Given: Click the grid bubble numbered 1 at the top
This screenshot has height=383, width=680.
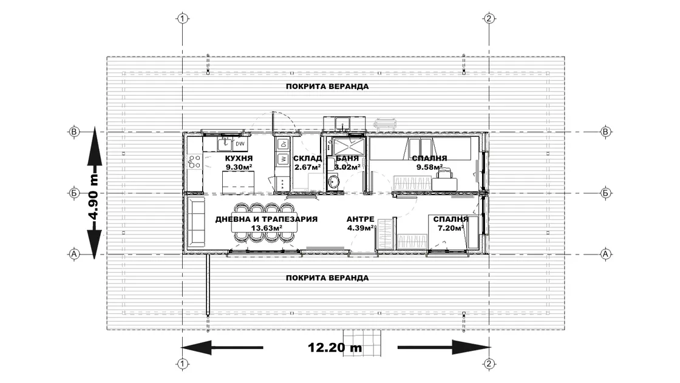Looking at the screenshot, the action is tap(183, 19).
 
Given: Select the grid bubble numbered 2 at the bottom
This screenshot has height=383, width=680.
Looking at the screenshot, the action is tap(489, 364).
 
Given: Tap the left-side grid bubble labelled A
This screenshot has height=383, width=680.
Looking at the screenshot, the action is tap(74, 254).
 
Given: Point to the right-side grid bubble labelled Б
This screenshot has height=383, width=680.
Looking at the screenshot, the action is tap(605, 193).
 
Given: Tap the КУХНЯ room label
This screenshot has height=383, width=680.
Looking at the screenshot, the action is tap(239, 158).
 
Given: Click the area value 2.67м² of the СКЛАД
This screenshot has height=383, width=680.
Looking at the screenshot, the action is tap(307, 167).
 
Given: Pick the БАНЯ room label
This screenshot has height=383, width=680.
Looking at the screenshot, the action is tap(347, 158).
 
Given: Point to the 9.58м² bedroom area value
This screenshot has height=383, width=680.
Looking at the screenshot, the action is tap(429, 167).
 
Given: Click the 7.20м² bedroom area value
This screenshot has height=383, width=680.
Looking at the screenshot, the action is tap(450, 228).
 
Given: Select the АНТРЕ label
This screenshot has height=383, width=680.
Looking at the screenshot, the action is tap(360, 219).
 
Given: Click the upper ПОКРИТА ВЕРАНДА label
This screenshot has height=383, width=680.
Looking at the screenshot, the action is tap(327, 87).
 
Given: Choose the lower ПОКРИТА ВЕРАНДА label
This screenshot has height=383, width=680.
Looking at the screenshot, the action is tap(327, 278).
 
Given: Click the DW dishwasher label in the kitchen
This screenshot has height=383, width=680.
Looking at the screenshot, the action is tap(240, 144).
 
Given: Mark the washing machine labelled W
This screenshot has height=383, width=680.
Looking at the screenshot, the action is tap(283, 159).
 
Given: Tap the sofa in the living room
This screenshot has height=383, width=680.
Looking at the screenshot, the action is tap(195, 222).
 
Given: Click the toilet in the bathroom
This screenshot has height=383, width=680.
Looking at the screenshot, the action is tap(333, 182).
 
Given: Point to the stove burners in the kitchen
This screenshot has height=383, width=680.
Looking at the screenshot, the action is tap(194, 161).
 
